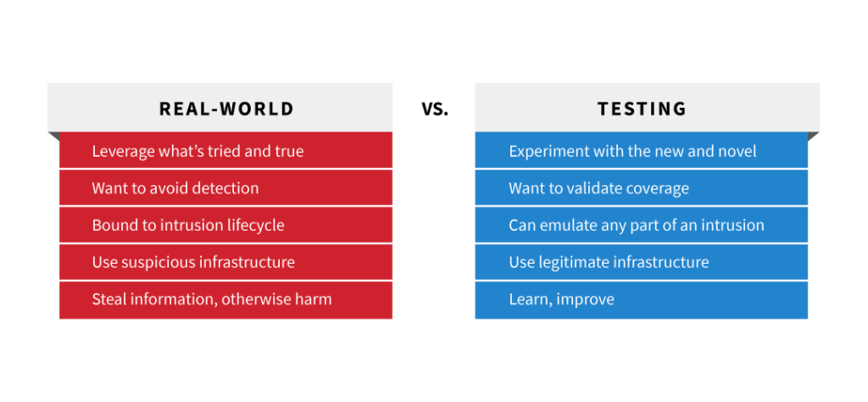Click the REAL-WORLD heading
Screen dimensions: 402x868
coord(226,109)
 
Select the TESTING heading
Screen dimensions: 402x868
coord(642,109)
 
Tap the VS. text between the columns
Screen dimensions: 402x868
coord(434,109)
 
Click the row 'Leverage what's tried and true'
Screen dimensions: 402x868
coord(225,151)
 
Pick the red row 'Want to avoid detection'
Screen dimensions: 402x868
coord(225,187)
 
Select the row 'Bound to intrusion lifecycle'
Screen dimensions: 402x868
coord(225,225)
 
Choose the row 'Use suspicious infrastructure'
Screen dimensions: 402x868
coord(225,262)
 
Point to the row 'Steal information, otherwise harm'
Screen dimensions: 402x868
coord(225,299)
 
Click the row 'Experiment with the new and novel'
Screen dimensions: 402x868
coord(641,151)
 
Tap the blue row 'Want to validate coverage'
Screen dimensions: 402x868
coord(641,187)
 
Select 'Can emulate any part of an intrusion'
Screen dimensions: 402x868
coord(641,225)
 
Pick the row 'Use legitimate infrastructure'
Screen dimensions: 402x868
coord(641,262)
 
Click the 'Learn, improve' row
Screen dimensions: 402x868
coord(641,299)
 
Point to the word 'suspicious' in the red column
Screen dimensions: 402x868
coord(159,262)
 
